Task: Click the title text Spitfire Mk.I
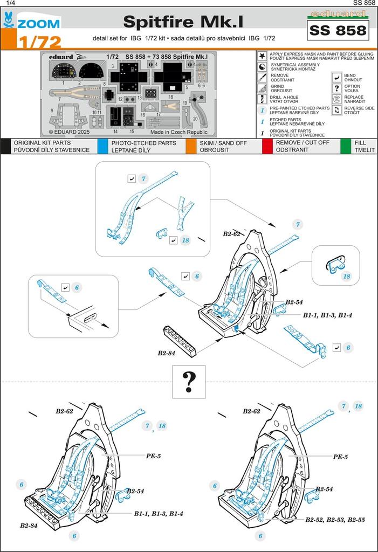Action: tap(183, 21)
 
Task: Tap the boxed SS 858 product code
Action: tap(338, 30)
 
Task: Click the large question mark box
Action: tap(189, 381)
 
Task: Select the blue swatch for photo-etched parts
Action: tap(102, 146)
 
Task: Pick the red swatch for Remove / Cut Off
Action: tap(267, 146)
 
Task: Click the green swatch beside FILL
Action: tap(346, 146)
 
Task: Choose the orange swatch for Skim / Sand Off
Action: tap(190, 146)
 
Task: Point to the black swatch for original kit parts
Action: tap(5, 146)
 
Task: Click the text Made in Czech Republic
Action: tap(178, 132)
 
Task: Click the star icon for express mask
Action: tap(262, 56)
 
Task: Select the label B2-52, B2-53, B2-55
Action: tap(334, 520)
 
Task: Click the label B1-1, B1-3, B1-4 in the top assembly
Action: tap(327, 315)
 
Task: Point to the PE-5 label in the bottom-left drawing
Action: tap(153, 456)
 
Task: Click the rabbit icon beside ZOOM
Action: tap(8, 20)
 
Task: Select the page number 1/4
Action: tap(8, 3)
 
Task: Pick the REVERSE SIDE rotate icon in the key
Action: tap(336, 110)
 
